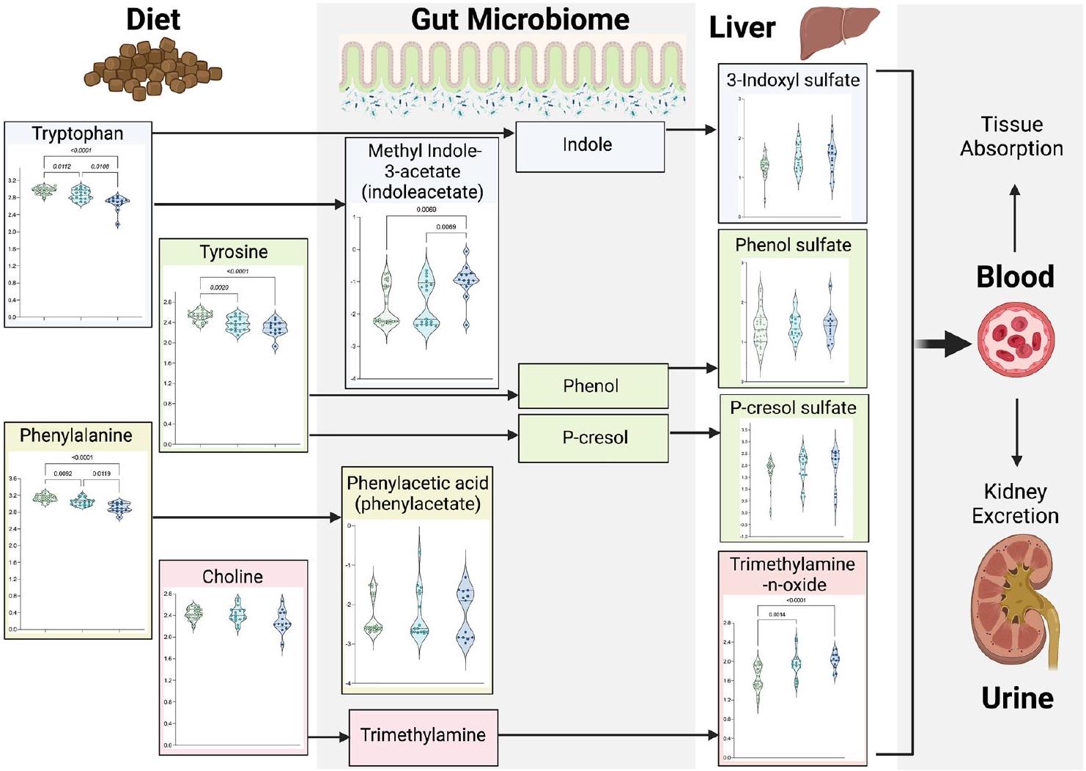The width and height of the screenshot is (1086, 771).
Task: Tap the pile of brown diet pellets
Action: click(x=153, y=70)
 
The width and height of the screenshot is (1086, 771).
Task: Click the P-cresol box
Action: click(x=594, y=438)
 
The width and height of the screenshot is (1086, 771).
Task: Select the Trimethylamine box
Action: click(x=423, y=735)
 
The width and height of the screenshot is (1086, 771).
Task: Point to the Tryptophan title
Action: click(x=78, y=133)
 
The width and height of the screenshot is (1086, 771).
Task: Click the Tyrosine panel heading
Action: click(x=234, y=252)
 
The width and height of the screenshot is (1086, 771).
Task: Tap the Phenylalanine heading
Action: click(x=76, y=435)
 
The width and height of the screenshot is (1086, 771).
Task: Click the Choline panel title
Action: click(x=233, y=577)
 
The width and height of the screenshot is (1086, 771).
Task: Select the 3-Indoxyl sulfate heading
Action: click(x=793, y=80)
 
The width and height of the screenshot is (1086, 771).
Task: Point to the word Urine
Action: click(x=1017, y=698)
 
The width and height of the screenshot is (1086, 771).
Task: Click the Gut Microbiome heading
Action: click(x=520, y=20)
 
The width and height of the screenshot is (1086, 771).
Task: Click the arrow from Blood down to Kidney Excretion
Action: click(x=1016, y=432)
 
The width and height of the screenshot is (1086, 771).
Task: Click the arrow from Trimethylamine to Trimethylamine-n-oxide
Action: click(x=608, y=734)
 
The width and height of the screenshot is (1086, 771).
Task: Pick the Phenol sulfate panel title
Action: click(x=793, y=245)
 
